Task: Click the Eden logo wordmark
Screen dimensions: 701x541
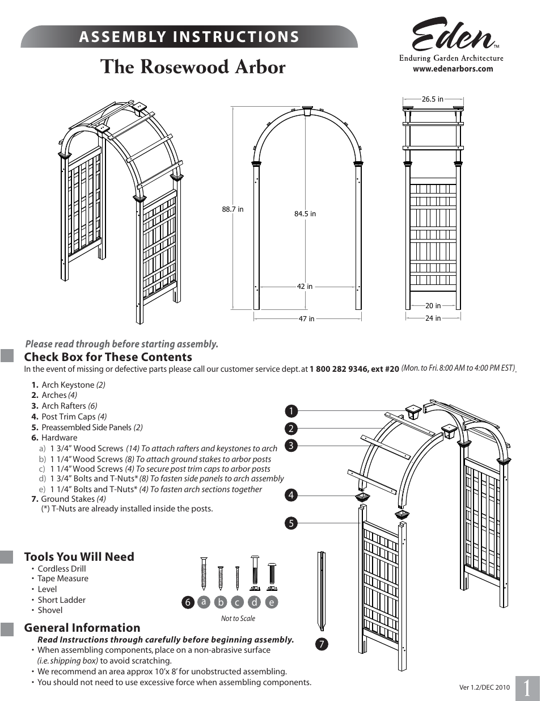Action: point(453,36)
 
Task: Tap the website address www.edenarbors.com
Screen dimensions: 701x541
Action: point(453,69)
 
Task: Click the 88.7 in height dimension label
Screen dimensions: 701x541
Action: point(233,209)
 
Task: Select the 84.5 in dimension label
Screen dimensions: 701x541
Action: point(305,214)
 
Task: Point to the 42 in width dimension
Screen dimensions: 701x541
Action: point(305,287)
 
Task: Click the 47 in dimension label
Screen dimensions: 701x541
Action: point(307,319)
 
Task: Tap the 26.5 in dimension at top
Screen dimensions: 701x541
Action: point(433,99)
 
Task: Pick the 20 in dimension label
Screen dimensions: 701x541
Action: point(433,306)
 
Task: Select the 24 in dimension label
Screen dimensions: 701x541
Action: point(433,318)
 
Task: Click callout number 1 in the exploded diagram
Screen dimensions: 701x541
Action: point(291,411)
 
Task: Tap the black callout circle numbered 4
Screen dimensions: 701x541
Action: point(291,495)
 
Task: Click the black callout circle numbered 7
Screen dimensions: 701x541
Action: point(322,644)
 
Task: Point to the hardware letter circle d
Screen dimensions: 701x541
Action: point(255,602)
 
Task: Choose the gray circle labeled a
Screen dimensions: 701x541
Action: point(204,602)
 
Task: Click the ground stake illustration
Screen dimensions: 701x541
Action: point(322,590)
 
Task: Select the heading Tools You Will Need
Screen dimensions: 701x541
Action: point(79,557)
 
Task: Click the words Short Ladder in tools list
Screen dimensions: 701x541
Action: point(61,600)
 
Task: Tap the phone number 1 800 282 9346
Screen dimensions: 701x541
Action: point(339,369)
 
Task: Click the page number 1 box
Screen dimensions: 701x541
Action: point(527,688)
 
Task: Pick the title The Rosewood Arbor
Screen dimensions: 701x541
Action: point(193,67)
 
